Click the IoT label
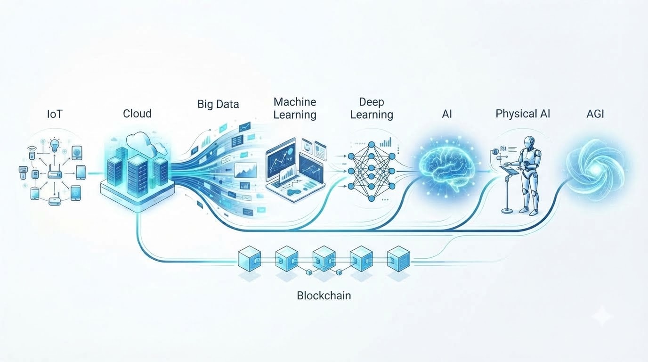click(55, 114)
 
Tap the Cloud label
click(137, 114)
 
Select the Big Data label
click(218, 104)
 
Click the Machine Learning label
click(295, 108)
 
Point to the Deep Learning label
click(372, 108)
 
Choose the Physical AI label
click(523, 114)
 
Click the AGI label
click(595, 114)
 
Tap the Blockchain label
click(324, 296)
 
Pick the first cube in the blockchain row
click(249, 259)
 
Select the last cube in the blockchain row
click(398, 259)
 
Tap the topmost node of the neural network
click(372, 145)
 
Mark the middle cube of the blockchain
click(324, 259)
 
